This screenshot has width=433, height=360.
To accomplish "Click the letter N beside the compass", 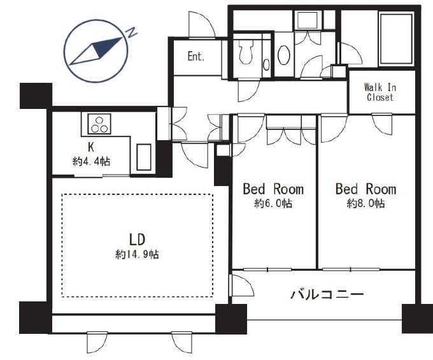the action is [132, 32].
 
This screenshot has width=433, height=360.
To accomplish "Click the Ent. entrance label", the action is [195, 56].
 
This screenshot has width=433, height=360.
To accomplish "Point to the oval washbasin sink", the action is [283, 55].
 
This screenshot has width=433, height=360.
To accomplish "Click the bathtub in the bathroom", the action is [397, 39].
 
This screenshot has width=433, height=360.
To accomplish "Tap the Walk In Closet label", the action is [380, 92].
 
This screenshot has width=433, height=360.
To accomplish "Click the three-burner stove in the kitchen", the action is [99, 124].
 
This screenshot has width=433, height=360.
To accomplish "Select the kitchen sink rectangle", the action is [144, 157].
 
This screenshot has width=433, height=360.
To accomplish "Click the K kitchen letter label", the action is [91, 148].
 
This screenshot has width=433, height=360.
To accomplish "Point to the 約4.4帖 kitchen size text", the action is [92, 161].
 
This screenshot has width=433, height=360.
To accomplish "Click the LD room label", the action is [138, 240].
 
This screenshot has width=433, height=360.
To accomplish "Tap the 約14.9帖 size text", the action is [138, 254].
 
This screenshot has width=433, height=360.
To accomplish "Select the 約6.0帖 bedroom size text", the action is [273, 204].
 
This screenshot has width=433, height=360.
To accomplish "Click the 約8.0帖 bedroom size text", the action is [366, 204].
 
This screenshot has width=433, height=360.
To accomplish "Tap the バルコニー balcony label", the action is [327, 294].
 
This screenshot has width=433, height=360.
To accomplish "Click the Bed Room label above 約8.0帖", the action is [366, 189].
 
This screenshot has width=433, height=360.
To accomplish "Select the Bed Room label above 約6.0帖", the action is [273, 189].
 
